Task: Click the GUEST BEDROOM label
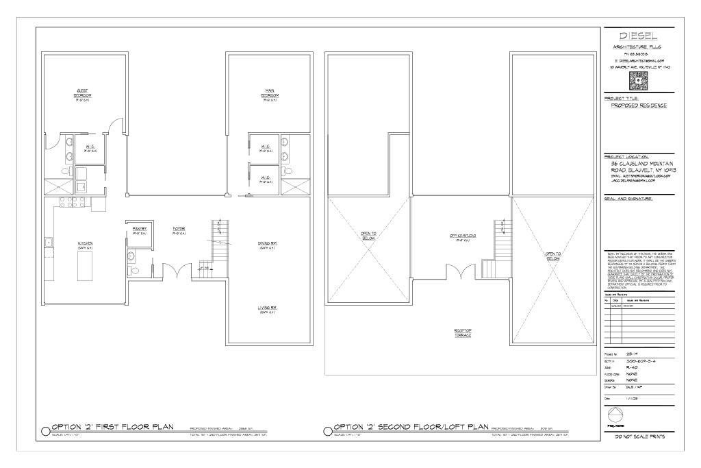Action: tap(82, 93)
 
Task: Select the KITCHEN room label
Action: tap(85, 244)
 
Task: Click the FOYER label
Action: tap(179, 230)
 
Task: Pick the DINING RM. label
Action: tap(267, 245)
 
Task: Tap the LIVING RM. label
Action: tap(267, 309)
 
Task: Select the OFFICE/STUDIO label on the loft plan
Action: tap(463, 237)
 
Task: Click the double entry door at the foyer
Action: tap(179, 271)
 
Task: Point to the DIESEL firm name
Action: tap(639, 36)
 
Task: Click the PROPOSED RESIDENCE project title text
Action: tap(638, 106)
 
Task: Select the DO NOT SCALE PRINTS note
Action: tap(639, 436)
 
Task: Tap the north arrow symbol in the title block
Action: tap(614, 414)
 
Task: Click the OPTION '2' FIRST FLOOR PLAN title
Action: tap(112, 427)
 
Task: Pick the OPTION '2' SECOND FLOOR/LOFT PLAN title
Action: tap(410, 427)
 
